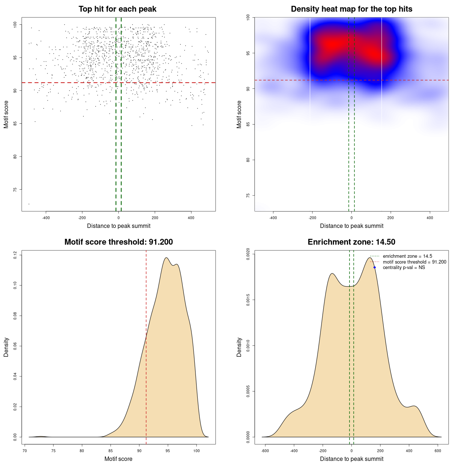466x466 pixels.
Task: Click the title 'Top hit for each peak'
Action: click(118, 9)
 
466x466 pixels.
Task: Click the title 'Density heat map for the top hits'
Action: click(351, 9)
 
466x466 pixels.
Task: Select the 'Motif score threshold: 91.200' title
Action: click(118, 242)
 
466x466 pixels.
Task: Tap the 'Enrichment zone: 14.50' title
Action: click(351, 242)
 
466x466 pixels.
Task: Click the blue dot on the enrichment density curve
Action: click(375, 268)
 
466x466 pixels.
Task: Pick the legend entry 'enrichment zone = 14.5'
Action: click(407, 256)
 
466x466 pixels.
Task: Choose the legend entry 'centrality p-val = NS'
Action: click(404, 268)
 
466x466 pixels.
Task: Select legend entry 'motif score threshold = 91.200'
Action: click(414, 262)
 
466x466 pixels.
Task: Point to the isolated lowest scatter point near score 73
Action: click(29, 204)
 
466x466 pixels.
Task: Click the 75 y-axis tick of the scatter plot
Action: click(15, 190)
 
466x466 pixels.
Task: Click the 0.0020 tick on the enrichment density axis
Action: click(248, 254)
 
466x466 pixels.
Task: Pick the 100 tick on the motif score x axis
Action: click(197, 451)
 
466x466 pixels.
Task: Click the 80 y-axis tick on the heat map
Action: click(248, 160)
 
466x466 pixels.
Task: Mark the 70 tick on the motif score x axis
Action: click(25, 451)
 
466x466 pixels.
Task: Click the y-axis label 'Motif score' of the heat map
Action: click(239, 114)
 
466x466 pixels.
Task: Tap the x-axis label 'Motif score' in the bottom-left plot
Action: click(118, 459)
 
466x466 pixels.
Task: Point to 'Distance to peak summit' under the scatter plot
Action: click(119, 226)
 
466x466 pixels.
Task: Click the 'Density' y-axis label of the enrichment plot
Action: click(239, 347)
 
